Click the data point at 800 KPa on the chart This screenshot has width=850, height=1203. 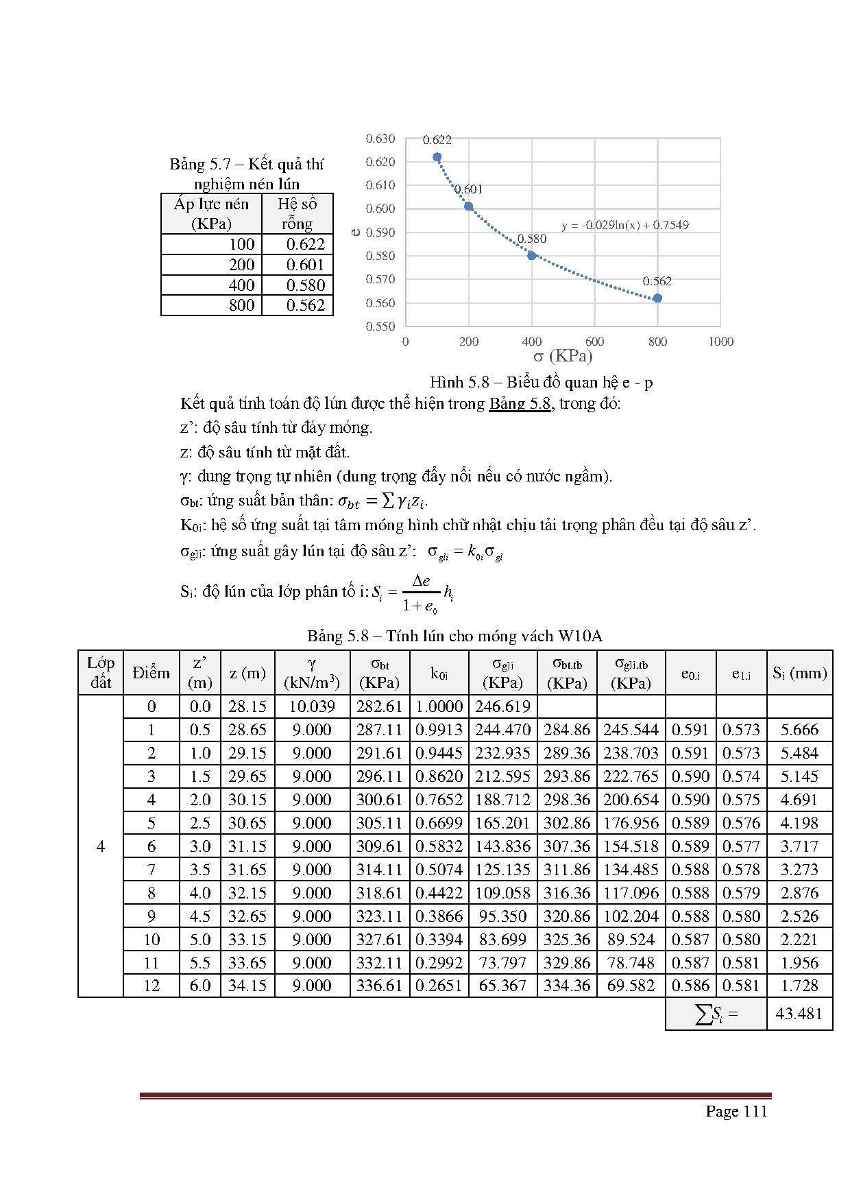(657, 298)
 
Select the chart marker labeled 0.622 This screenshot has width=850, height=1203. (437, 157)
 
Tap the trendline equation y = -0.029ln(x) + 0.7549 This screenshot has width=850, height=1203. (624, 225)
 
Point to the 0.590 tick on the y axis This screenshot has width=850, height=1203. (380, 233)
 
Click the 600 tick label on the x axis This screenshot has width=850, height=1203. (594, 342)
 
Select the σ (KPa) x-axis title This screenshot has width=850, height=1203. (563, 356)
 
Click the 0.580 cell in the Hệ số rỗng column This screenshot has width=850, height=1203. (306, 285)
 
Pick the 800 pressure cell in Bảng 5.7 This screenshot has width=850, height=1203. (241, 305)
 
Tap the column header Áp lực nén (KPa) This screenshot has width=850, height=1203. (211, 214)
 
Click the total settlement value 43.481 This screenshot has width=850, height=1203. (799, 1014)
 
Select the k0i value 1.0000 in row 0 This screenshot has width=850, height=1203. (439, 706)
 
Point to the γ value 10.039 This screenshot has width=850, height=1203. (312, 706)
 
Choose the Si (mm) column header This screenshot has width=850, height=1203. (799, 673)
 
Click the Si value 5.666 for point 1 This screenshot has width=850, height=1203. (799, 730)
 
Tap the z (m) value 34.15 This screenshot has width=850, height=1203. (247, 986)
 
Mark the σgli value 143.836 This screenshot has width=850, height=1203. (502, 846)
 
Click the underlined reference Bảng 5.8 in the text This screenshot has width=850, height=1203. (520, 403)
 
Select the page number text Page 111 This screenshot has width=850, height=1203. (736, 1111)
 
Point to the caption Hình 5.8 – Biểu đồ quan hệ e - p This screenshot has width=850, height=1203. (541, 382)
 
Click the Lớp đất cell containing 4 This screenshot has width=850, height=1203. (101, 846)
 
